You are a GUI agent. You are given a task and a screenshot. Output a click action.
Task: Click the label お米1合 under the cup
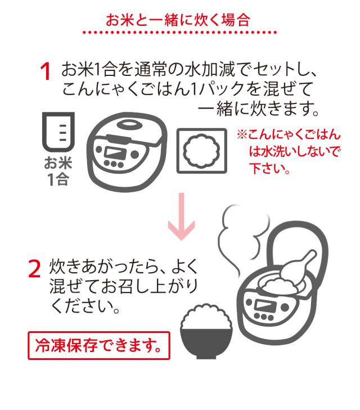click(x=58, y=172)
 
